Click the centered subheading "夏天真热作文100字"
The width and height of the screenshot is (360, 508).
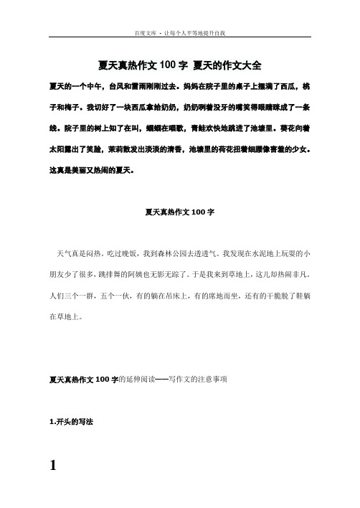(x=179, y=212)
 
